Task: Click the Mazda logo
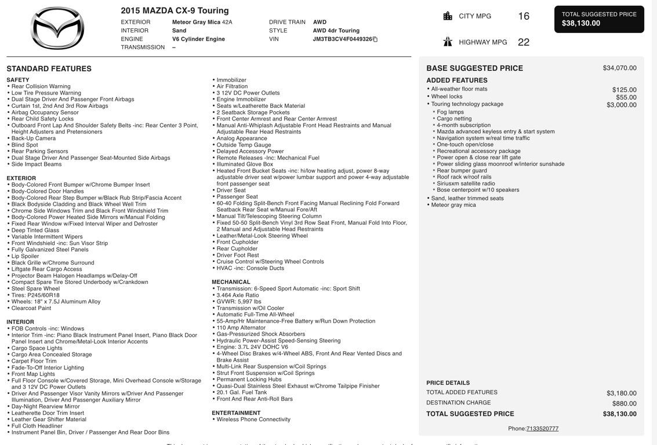point(57,28)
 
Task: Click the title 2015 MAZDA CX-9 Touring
point(175,10)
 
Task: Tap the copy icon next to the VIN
point(375,39)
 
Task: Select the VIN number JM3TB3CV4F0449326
point(342,39)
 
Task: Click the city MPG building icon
point(448,16)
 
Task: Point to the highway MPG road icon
point(448,42)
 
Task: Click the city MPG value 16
point(524,16)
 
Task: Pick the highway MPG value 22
point(524,42)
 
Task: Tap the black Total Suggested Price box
point(599,19)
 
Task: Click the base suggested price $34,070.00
point(619,68)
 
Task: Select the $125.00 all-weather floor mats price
point(624,90)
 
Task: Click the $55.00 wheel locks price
point(626,97)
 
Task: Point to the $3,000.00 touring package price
point(621,105)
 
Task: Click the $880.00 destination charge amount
point(624,403)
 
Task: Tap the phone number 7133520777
point(542,429)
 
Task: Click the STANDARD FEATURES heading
point(49,69)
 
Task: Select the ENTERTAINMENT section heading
point(236,413)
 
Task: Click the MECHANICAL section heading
point(231,282)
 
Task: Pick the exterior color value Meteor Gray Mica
point(196,22)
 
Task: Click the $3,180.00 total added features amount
point(621,393)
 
